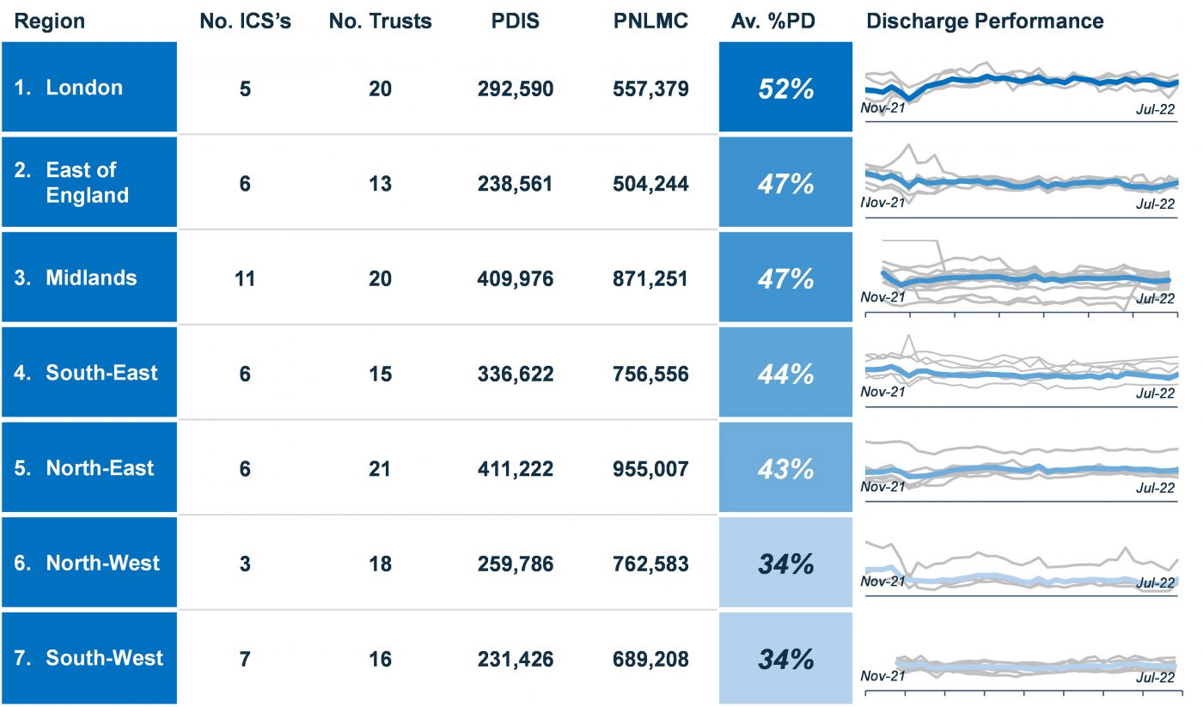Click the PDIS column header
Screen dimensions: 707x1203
point(516,21)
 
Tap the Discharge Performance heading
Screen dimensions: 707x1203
point(985,21)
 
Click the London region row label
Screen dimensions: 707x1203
point(84,88)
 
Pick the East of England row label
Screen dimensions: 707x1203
point(87,182)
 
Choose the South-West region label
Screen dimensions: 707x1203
point(104,658)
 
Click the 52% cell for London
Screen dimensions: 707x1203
point(785,88)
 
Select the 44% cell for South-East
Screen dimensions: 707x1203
point(785,373)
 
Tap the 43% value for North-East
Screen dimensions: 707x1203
point(785,468)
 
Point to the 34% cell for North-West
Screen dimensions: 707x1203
point(785,564)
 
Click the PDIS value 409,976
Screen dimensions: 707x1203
point(516,278)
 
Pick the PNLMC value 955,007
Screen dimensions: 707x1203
point(650,468)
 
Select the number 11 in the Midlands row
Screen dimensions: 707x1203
point(245,278)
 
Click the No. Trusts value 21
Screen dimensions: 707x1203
point(380,468)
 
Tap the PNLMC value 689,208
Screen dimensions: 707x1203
point(650,659)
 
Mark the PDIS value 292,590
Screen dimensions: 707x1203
point(516,88)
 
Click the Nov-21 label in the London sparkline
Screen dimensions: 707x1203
point(882,108)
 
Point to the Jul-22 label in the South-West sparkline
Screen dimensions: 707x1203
point(1154,677)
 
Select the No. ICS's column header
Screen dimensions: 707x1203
point(245,21)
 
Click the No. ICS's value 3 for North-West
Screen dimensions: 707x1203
point(245,564)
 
